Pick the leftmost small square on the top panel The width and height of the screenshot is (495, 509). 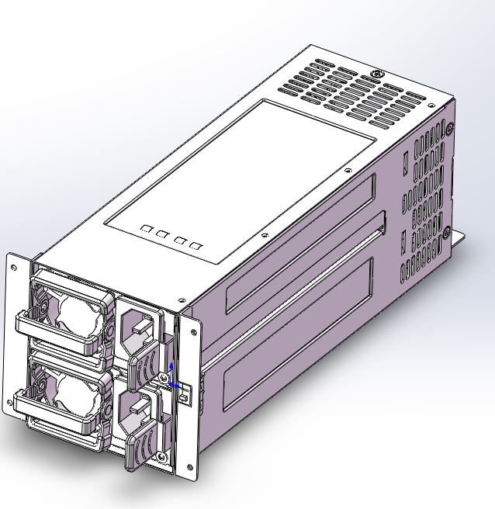click(146, 230)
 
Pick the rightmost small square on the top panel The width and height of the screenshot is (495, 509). click(196, 246)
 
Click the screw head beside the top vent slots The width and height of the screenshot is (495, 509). click(376, 75)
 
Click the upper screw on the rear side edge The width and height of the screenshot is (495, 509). click(449, 129)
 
